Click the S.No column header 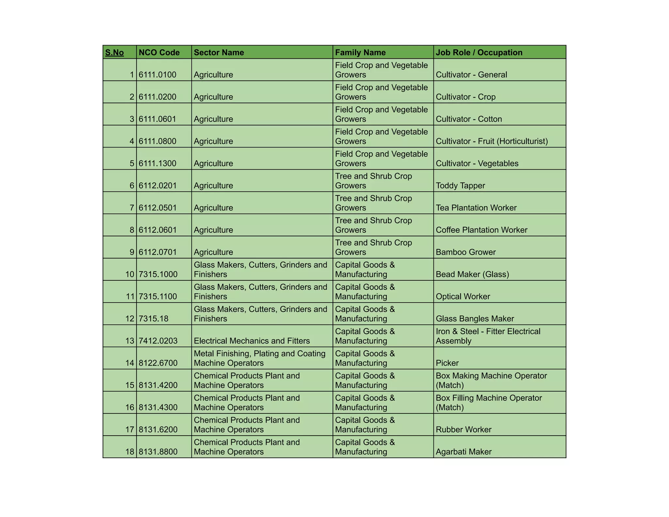click(x=114, y=53)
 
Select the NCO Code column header click(x=159, y=53)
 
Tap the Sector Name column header click(x=219, y=53)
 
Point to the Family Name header click(x=360, y=53)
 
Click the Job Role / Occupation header click(x=479, y=53)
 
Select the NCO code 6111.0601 click(x=157, y=119)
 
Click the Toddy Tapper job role click(x=460, y=186)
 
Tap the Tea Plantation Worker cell click(x=476, y=208)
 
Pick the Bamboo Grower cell click(x=465, y=252)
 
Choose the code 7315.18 click(x=154, y=319)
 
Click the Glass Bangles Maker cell click(x=475, y=319)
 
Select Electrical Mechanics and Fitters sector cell click(x=252, y=341)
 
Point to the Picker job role click(x=447, y=363)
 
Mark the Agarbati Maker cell click(x=464, y=452)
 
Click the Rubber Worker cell click(x=464, y=429)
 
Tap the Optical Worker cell click(x=463, y=296)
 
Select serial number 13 click(x=130, y=341)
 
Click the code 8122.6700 click(x=158, y=363)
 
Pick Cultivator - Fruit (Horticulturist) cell click(x=492, y=141)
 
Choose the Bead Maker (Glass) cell click(x=472, y=274)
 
